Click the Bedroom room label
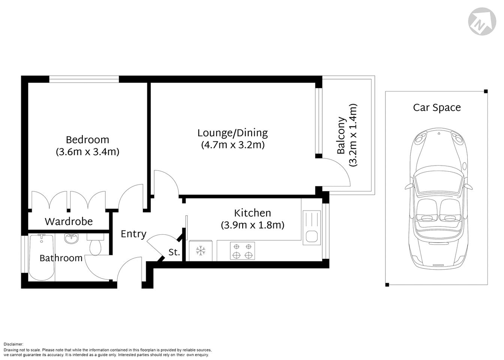click(87, 140)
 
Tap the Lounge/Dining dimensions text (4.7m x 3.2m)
click(232, 145)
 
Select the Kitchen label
click(252, 213)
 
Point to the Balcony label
click(341, 135)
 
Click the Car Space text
click(436, 108)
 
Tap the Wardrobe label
click(69, 221)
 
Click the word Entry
click(133, 234)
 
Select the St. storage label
click(174, 252)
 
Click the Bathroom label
click(61, 258)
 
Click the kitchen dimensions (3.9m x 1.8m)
click(252, 225)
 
